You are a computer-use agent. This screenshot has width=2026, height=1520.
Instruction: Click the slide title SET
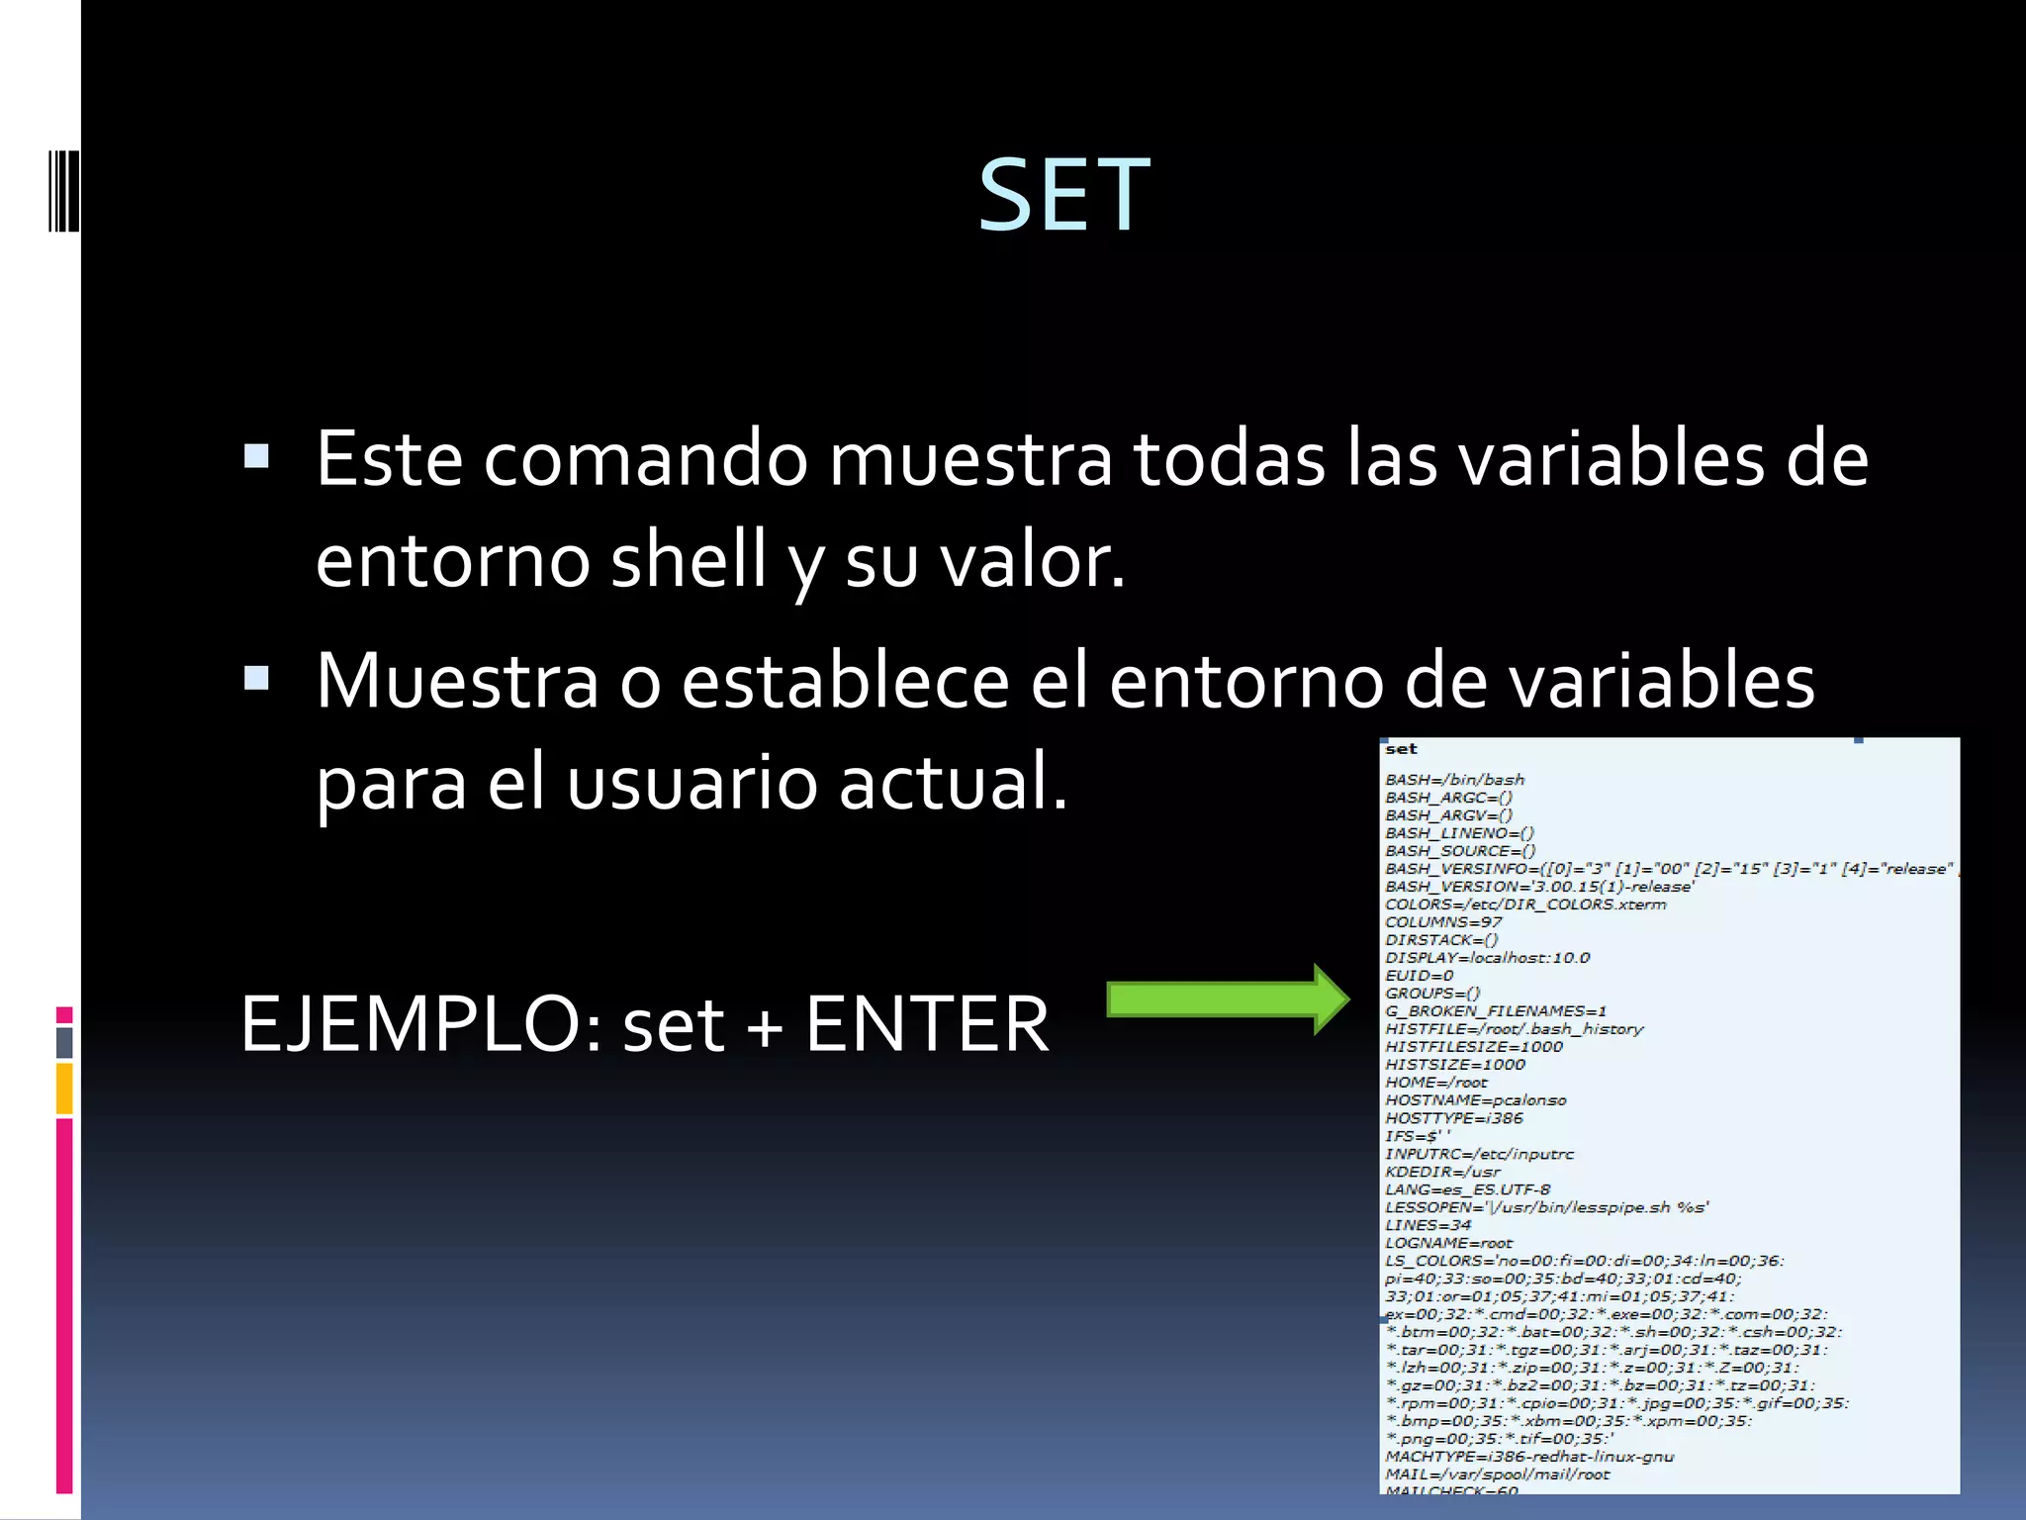coord(1063,196)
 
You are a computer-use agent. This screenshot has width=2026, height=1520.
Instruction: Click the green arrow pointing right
coord(1227,999)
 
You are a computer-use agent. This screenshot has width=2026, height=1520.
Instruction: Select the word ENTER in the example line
coord(927,1024)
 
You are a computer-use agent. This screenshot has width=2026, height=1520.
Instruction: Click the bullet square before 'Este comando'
coord(256,456)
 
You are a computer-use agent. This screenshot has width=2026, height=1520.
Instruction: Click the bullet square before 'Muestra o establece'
coord(256,678)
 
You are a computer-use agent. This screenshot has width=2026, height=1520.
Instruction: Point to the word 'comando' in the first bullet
coord(645,459)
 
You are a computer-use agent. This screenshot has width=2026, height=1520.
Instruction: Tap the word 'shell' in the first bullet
coord(689,559)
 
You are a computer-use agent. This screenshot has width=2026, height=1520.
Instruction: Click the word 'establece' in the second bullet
coord(846,681)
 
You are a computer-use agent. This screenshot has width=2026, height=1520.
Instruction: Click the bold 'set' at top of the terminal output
coord(1401,749)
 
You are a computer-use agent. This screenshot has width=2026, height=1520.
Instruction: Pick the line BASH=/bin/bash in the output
coord(1454,780)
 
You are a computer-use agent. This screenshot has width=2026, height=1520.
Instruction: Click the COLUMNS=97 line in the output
coord(1443,922)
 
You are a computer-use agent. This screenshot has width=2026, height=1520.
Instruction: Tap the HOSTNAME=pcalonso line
coord(1475,1100)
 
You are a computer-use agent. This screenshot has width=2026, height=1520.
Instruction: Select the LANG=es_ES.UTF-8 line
coord(1467,1189)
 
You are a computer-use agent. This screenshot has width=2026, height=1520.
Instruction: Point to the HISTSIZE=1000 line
coord(1454,1065)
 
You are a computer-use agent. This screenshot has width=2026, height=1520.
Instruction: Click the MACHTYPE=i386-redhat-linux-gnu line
coord(1528,1457)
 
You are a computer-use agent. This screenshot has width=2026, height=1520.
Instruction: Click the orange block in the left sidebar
coord(64,1089)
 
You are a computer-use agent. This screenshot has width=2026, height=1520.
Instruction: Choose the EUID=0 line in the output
coord(1419,976)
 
